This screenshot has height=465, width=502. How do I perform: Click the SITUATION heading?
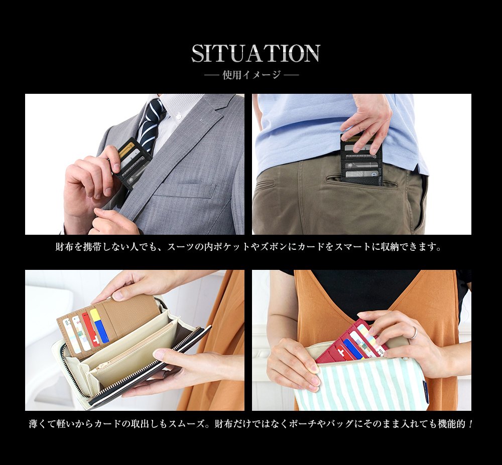pyautogui.click(x=256, y=53)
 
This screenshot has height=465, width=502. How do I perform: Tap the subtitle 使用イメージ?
pyautogui.click(x=252, y=75)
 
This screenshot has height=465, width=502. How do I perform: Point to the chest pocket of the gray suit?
pyautogui.click(x=184, y=191)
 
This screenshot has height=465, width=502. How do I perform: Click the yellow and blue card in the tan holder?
pyautogui.click(x=99, y=325)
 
